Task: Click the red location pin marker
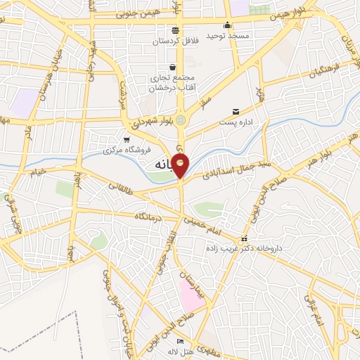pos(181,166)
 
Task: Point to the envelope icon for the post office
pos(236,111)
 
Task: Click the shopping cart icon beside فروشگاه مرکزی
pos(126,140)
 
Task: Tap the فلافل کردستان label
pos(174,40)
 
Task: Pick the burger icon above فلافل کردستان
pos(174,30)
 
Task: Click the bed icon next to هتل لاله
pos(181,342)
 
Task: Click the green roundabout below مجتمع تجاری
pos(182,120)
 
